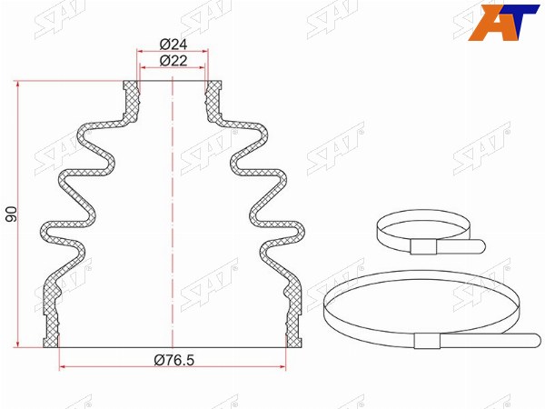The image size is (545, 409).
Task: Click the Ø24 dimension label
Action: click(173, 45)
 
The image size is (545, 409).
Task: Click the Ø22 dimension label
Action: click(173, 61)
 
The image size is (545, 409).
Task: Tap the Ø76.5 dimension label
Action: click(173, 360)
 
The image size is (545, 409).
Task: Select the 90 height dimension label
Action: click(12, 214)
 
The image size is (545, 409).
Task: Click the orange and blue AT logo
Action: click(503, 22)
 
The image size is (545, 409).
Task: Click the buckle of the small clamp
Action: click(423, 246)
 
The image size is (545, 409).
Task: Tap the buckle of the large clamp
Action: click(427, 341)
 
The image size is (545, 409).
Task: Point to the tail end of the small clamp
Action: click(481, 246)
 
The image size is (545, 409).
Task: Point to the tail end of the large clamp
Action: click(539, 340)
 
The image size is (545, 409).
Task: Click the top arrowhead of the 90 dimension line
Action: click(17, 84)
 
